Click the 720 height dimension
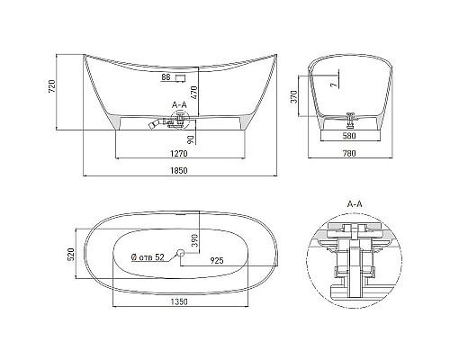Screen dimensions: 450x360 coord(52,86)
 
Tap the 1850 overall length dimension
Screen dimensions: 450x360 coord(179,170)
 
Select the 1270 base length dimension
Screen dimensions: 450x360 coord(179,154)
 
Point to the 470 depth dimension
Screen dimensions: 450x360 coord(193,93)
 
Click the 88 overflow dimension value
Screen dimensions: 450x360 coord(166,77)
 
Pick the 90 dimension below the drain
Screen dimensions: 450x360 coord(191,139)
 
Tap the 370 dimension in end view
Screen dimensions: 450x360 coord(294,96)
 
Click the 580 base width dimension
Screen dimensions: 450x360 coord(349,136)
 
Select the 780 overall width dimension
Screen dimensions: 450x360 coord(349,153)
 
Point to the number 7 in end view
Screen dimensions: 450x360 coord(334,85)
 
